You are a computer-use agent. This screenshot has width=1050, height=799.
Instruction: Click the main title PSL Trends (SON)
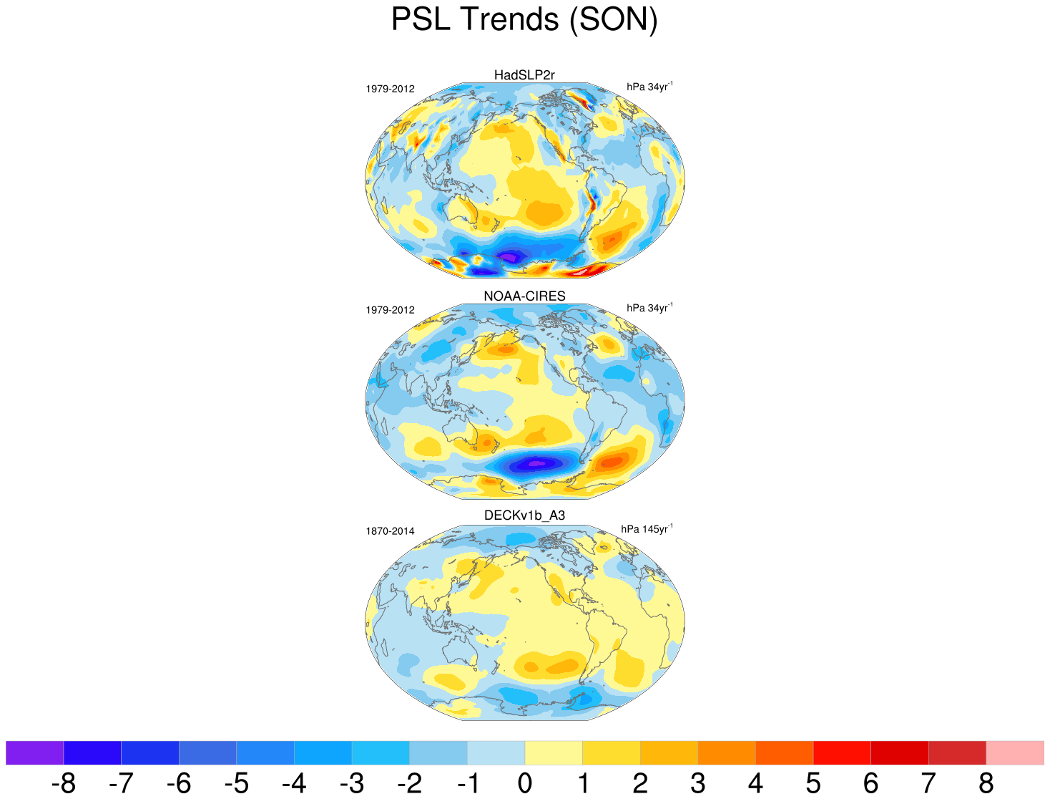tap(524, 19)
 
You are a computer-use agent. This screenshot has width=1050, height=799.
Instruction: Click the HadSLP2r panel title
tap(524, 75)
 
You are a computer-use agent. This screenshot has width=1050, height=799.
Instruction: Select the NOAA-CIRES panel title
tap(524, 296)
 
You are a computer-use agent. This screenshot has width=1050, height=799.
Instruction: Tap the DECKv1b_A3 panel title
tap(524, 515)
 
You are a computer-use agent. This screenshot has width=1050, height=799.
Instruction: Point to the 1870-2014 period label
tap(390, 531)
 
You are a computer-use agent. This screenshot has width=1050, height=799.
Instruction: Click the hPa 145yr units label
tap(647, 529)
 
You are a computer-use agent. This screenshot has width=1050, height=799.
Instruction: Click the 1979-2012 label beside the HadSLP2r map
tap(390, 89)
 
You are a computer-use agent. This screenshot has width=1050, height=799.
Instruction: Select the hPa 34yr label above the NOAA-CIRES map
tap(649, 308)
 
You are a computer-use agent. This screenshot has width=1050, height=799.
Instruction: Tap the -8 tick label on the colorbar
tap(63, 784)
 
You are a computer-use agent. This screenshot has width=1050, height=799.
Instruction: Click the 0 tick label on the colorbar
tap(525, 784)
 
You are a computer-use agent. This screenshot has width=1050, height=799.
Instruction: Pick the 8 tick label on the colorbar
tap(986, 784)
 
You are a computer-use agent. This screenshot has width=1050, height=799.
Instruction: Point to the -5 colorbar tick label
tap(236, 784)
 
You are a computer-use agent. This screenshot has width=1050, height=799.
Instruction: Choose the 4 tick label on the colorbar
tap(755, 784)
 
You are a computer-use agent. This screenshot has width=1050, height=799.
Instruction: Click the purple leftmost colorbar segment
tap(34, 752)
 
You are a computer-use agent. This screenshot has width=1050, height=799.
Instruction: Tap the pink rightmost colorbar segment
tap(1015, 752)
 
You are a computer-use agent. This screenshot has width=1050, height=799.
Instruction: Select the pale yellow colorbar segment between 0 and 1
tap(554, 752)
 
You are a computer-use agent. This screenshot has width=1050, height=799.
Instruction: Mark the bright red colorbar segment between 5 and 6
tap(842, 752)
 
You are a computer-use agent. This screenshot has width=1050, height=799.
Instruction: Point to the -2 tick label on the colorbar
tap(409, 784)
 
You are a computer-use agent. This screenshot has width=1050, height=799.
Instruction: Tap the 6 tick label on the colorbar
tap(870, 784)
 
